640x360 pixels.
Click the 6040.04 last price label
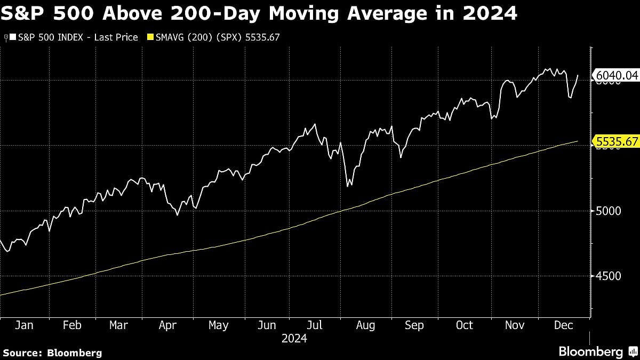tap(617, 76)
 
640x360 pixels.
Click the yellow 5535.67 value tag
tap(617, 141)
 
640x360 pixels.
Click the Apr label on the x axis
tap(169, 325)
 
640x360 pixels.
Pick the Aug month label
tap(365, 325)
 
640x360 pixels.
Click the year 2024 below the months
tap(295, 338)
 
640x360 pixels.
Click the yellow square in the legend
tap(150, 37)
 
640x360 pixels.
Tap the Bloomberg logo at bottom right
tap(590, 351)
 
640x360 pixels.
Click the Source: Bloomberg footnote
tap(52, 353)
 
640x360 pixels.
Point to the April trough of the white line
tap(178, 215)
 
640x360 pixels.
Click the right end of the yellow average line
tap(578, 141)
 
